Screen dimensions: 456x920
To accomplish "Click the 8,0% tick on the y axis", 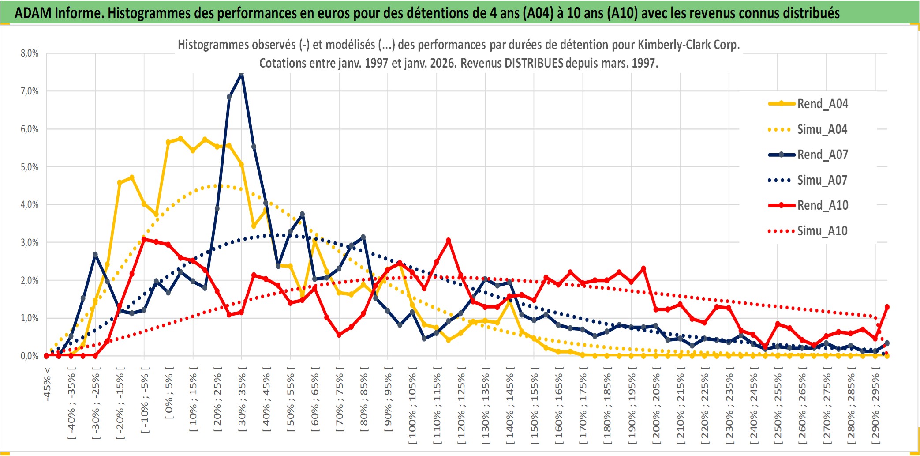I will (30, 53).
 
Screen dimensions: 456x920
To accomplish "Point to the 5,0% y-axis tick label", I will (30, 167).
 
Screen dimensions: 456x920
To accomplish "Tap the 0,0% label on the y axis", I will (30, 356).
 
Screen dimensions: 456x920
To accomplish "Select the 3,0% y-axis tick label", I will (30, 243).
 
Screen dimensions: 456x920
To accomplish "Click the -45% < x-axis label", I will (47, 384).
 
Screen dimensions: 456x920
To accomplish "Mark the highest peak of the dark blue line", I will (241, 74).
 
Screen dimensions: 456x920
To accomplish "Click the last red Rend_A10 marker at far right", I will (887, 307).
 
